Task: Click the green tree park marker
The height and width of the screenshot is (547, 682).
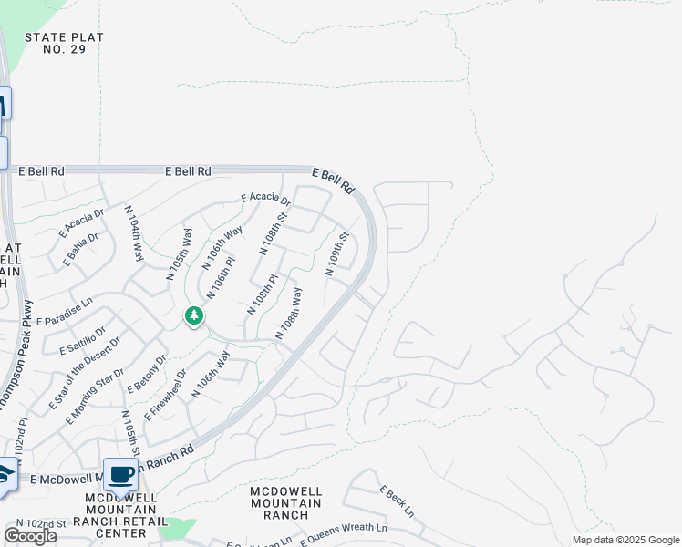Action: coord(193,316)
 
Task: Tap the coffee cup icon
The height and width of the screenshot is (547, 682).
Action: coord(120,474)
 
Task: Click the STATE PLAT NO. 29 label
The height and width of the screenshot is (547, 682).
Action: coord(64,43)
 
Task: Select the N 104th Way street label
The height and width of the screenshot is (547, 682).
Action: coord(134,234)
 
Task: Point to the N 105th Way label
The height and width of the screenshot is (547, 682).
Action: coord(180,259)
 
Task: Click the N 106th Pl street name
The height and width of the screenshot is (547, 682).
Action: coord(221,277)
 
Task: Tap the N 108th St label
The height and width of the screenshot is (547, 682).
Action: coord(274,232)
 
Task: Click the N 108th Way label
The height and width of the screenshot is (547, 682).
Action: coord(288,314)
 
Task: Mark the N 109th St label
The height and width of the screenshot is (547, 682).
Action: coord(337,253)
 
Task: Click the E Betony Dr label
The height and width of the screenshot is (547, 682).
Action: coord(148,374)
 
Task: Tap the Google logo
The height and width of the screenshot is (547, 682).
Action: coord(30,535)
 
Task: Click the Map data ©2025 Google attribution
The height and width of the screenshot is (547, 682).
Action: coord(625,540)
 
